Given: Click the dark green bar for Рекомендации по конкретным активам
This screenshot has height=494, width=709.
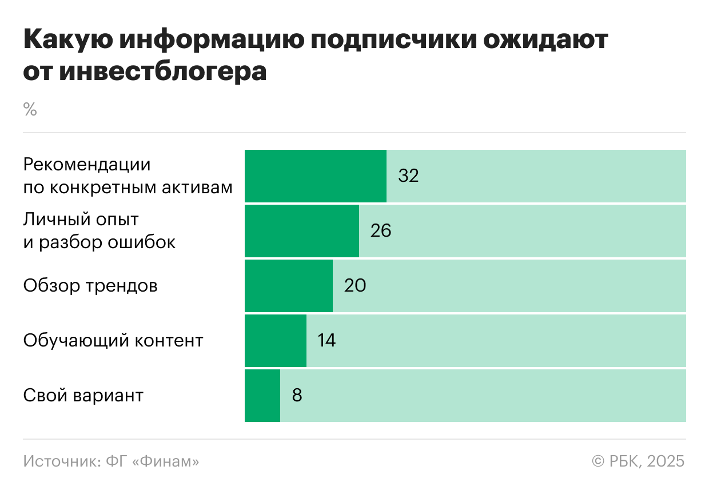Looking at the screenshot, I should click(316, 176).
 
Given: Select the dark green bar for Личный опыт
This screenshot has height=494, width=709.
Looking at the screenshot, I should click(302, 230).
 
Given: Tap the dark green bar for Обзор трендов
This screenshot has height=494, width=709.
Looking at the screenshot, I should click(289, 285).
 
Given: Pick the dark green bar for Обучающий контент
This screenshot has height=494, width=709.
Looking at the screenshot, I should click(276, 340).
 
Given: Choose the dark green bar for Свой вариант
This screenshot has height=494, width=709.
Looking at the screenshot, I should click(262, 395).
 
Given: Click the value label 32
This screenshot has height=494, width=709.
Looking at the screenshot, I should click(408, 176).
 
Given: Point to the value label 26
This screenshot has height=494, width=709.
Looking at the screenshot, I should click(381, 230).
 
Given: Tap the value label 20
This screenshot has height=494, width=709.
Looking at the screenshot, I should click(354, 285).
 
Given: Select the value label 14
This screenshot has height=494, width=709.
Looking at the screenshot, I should click(326, 340).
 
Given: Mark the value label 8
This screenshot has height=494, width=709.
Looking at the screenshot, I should click(297, 395).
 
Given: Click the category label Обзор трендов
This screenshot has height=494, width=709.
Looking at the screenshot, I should click(90, 285).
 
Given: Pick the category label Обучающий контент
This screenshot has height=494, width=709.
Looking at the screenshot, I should click(113, 340).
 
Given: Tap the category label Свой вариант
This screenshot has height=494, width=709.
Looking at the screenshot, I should click(83, 395).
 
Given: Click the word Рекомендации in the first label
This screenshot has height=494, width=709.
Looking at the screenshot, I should click(87, 165).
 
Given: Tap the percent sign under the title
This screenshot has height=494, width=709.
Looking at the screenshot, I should click(30, 109).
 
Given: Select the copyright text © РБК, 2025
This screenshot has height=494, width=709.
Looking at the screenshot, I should click(638, 461).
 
